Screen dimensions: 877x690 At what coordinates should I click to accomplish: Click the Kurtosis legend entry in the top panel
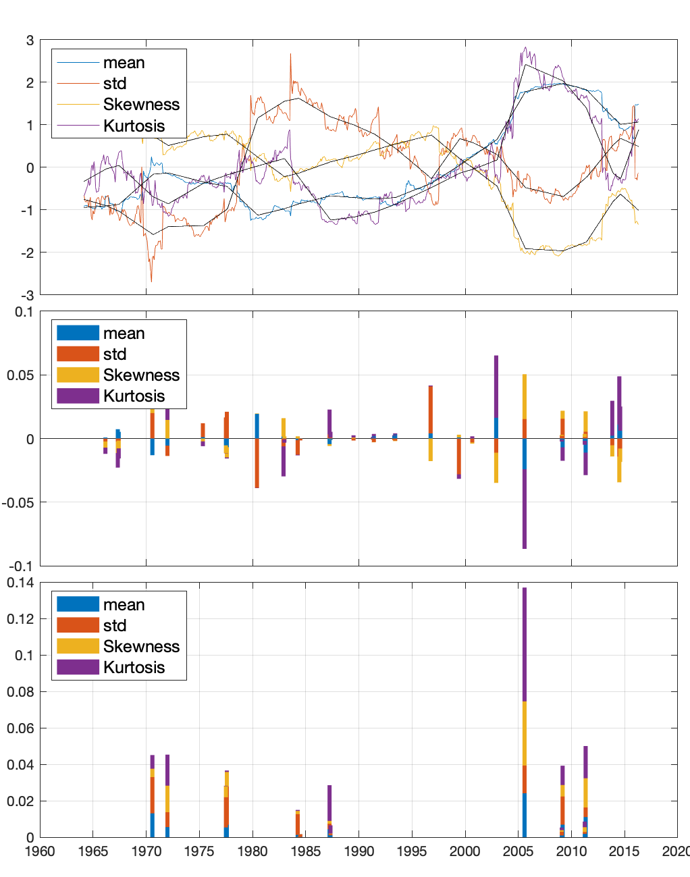coord(134,126)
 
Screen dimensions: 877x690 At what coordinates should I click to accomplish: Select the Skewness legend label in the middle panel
coord(141,375)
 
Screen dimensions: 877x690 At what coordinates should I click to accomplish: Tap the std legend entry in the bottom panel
coord(115,625)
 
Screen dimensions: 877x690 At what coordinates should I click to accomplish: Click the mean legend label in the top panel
coord(124,63)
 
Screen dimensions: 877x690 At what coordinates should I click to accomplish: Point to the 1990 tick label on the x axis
coord(359,851)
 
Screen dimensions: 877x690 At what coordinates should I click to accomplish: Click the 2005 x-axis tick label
coord(518,851)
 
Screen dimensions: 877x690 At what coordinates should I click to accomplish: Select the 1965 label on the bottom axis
coord(93,851)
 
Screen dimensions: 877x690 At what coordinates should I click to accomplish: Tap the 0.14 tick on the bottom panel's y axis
coord(20,583)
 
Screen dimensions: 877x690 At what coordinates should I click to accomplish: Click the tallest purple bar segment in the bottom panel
coord(524,644)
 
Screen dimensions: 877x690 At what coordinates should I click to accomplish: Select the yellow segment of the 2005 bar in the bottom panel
coord(524,733)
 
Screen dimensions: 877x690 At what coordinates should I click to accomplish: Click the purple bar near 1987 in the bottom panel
coord(329,803)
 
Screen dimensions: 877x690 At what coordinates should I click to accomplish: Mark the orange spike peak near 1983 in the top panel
coord(290,55)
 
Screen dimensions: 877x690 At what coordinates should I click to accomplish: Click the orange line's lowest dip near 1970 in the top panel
coord(151,281)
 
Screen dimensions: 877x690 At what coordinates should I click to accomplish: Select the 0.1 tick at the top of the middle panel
coord(24,312)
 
